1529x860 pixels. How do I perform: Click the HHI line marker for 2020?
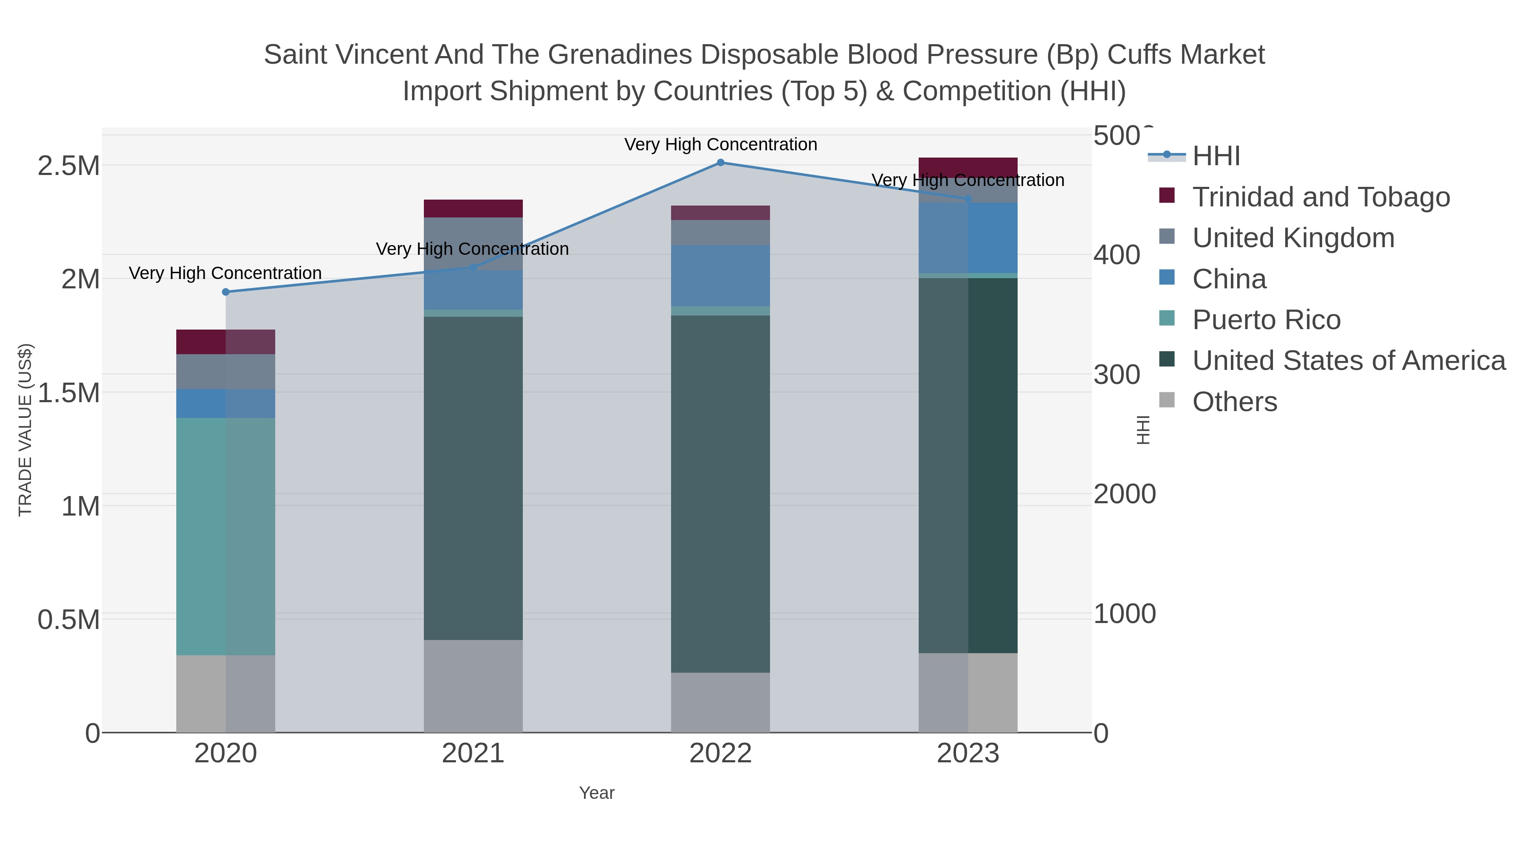tap(226, 292)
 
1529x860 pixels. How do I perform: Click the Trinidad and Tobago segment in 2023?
tap(968, 167)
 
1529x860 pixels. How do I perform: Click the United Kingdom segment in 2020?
tap(226, 372)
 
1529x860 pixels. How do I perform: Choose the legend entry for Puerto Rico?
tap(1266, 320)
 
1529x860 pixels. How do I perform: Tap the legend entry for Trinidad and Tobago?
tap(1320, 197)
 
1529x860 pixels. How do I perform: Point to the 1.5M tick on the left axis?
tap(69, 393)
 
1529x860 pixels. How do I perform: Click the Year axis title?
tap(597, 793)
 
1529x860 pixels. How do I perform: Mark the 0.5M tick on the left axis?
tap(69, 620)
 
